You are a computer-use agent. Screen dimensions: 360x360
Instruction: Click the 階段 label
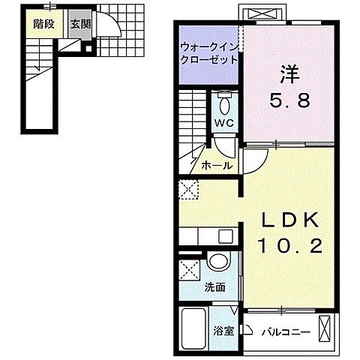coord(44,24)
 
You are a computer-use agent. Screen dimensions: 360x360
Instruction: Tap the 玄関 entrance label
coord(79,24)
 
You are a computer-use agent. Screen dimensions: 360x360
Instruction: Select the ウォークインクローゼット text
coord(208,52)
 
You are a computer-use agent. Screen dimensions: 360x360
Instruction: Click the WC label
coord(223,122)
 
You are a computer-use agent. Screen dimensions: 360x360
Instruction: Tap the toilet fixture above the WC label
coord(223,100)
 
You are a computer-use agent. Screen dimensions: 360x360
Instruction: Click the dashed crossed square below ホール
coord(187,189)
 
